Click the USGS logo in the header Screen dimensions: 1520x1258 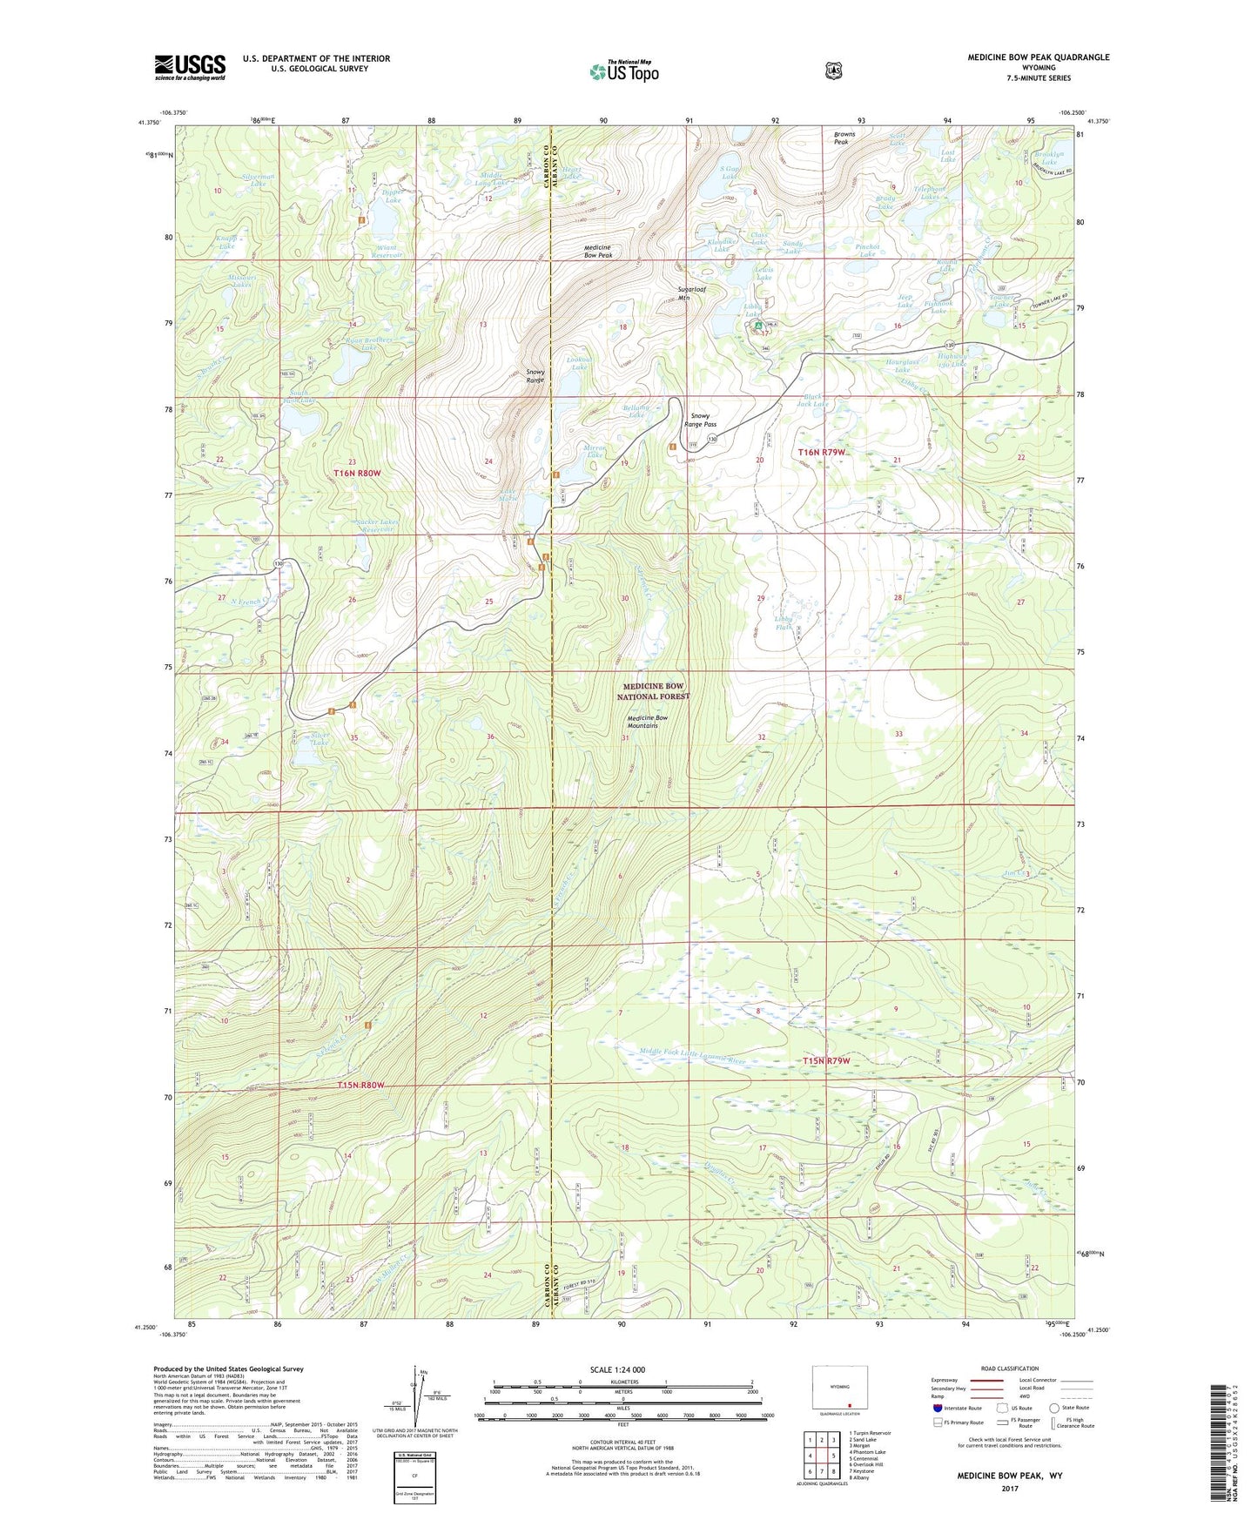click(x=190, y=67)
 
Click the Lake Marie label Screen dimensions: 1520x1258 click(x=508, y=494)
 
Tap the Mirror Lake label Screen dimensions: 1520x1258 click(x=595, y=451)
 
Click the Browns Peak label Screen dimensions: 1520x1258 click(x=844, y=138)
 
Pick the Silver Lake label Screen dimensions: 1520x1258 click(x=320, y=738)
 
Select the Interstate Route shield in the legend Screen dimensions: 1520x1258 click(x=938, y=1408)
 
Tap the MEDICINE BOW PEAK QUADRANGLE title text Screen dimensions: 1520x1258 click(x=1038, y=57)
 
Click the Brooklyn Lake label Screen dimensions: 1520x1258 click(x=1049, y=158)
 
